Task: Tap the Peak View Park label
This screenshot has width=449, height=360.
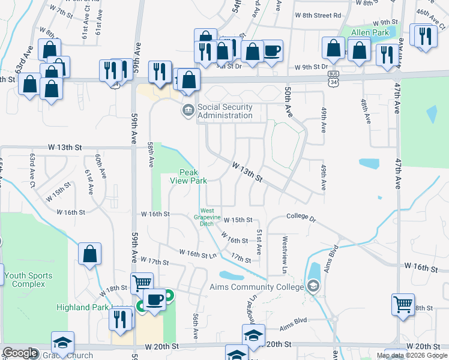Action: click(x=188, y=176)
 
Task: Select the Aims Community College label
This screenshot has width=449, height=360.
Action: click(x=261, y=287)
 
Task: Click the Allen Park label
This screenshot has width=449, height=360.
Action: click(x=366, y=32)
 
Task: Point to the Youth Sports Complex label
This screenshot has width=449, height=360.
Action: click(x=28, y=280)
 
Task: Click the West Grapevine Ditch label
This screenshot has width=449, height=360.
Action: click(x=206, y=217)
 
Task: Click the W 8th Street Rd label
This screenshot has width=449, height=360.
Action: click(x=317, y=15)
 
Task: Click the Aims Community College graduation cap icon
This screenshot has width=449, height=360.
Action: click(x=312, y=287)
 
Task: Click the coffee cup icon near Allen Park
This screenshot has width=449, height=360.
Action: click(x=272, y=50)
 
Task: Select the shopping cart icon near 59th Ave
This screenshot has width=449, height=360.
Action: click(x=142, y=283)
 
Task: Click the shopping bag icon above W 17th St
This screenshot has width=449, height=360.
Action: click(x=89, y=254)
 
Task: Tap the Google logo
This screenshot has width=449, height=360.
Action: click(x=20, y=353)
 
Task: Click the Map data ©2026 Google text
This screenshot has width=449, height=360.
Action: click(x=412, y=355)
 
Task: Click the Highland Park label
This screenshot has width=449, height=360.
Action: click(x=84, y=307)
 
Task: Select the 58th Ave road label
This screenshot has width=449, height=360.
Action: click(x=149, y=154)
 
